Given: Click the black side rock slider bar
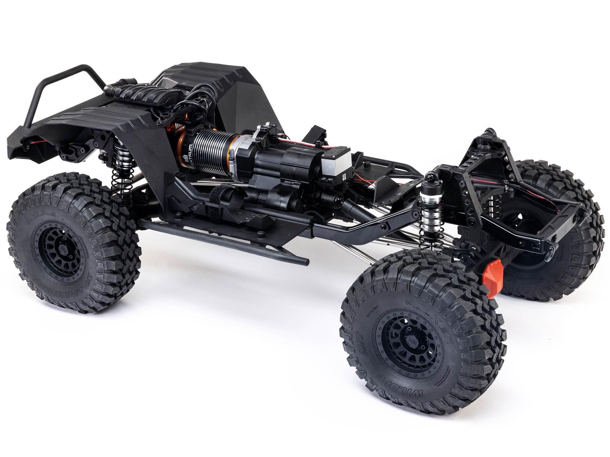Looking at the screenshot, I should (223, 241).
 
